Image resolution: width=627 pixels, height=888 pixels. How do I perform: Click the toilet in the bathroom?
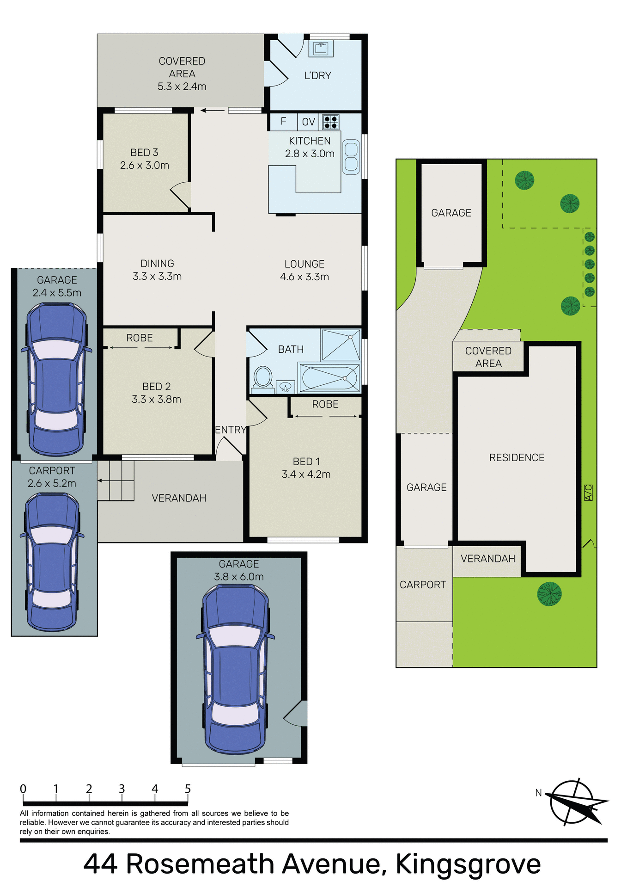coord(263,377)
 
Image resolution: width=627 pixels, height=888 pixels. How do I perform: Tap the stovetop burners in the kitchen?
coord(330,122)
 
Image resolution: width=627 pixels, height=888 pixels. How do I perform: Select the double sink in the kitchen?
coord(351,157)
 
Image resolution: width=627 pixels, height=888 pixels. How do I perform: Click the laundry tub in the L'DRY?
coord(321,48)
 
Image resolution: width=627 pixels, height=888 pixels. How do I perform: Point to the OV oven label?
coord(308,122)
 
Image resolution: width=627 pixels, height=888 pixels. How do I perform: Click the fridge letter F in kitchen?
coord(283,122)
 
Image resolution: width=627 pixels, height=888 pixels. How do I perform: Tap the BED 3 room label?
coord(144,153)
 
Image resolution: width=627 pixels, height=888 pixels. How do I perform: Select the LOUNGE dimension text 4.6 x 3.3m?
coord(304,277)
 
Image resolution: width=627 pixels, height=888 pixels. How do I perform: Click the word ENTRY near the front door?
coord(230,430)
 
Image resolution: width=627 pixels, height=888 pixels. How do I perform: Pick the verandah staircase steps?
coord(116,481)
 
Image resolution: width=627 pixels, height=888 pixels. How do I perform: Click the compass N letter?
coord(538,793)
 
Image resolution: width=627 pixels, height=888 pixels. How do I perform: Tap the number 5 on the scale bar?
coord(188,789)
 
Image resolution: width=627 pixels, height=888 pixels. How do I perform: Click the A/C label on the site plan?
coord(588,493)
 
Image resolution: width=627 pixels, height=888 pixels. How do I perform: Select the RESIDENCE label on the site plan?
coord(517,458)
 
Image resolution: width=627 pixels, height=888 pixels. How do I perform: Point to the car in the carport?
coord(52,562)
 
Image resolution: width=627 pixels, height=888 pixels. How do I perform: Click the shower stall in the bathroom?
coord(341,345)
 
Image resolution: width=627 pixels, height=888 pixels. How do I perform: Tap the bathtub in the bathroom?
coord(329,378)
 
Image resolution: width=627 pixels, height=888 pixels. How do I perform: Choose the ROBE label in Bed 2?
coord(140,338)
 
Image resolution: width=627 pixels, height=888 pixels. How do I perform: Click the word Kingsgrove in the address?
coord(468,864)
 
